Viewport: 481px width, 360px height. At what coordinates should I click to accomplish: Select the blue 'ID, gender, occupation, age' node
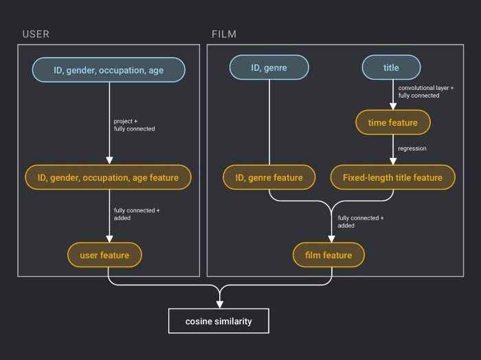(x=109, y=70)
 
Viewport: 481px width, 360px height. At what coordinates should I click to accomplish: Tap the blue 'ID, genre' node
(x=269, y=68)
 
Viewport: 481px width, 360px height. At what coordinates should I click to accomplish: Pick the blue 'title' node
(x=391, y=68)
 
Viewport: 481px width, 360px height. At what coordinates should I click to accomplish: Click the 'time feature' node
(x=392, y=123)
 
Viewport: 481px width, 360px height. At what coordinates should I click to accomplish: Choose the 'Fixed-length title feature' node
(x=392, y=177)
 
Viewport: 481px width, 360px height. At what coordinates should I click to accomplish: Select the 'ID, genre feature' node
(x=269, y=177)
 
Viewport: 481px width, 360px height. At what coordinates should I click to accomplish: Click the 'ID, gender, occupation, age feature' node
(x=109, y=177)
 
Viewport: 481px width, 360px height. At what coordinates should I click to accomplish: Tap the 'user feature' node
(x=104, y=255)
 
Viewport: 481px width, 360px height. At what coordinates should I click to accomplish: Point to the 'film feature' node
(x=328, y=255)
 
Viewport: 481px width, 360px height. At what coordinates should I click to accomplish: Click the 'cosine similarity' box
(x=219, y=322)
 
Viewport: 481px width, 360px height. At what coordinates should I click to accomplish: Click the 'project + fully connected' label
(x=134, y=125)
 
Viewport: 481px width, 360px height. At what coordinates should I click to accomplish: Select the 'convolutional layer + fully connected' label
(x=426, y=91)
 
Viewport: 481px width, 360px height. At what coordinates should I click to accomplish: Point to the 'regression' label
(x=413, y=148)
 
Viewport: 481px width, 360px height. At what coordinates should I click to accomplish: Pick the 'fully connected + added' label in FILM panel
(x=360, y=221)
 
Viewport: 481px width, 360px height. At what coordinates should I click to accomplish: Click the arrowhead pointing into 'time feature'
(x=392, y=107)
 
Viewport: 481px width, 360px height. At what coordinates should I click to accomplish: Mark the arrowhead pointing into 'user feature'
(x=109, y=239)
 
